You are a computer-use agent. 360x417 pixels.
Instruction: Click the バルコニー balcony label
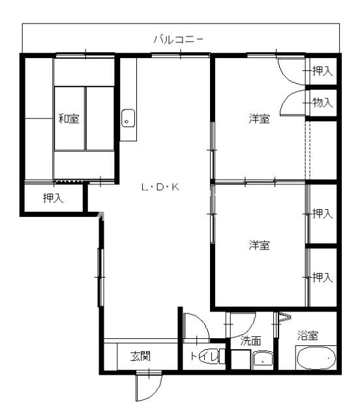click(x=179, y=40)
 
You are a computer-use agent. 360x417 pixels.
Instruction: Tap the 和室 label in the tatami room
click(x=68, y=119)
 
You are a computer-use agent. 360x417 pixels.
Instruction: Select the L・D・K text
click(x=160, y=187)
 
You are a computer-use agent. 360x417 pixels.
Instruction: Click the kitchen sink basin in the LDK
click(x=128, y=118)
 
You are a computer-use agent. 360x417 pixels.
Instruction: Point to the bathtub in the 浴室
click(x=316, y=358)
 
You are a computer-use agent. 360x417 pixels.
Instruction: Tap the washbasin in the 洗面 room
click(x=263, y=359)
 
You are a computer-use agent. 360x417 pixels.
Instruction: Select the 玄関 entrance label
click(x=140, y=356)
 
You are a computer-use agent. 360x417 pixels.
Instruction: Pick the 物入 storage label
click(x=322, y=102)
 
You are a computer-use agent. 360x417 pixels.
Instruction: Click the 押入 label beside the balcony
click(x=322, y=71)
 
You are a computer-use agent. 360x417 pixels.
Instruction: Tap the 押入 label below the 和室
click(x=53, y=198)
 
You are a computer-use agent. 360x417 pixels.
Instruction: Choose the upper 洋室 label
click(x=259, y=119)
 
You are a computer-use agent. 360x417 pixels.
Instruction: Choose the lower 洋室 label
click(x=259, y=245)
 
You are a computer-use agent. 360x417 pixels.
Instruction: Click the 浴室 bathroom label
click(x=308, y=336)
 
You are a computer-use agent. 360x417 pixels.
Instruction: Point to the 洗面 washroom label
click(x=250, y=341)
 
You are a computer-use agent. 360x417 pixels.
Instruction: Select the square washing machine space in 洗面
click(x=241, y=360)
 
